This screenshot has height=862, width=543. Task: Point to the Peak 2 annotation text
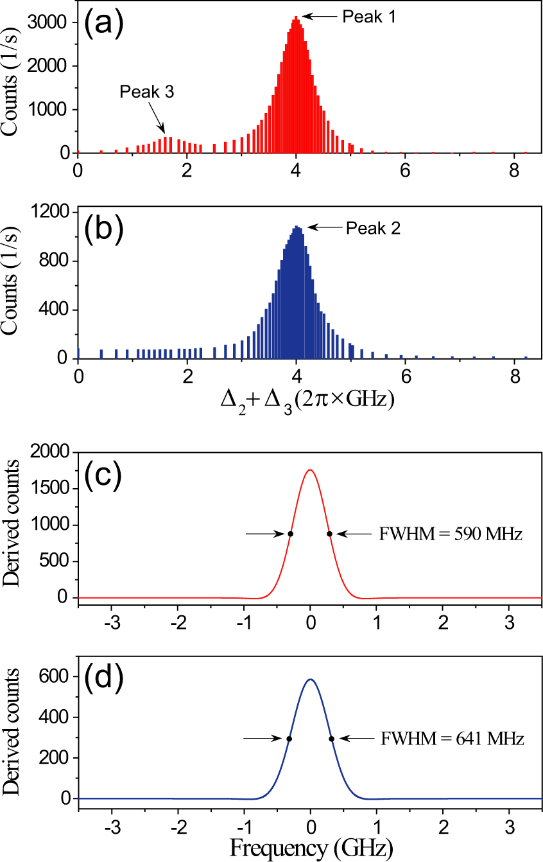pos(373,227)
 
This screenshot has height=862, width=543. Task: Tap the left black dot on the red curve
pos(291,534)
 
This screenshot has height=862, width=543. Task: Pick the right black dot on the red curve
pos(329,534)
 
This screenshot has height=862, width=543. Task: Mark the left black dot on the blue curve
pos(289,739)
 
